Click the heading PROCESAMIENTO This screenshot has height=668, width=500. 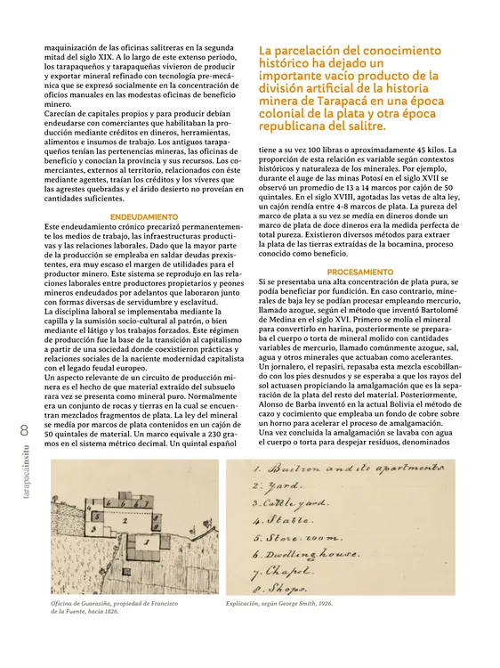(359, 271)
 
